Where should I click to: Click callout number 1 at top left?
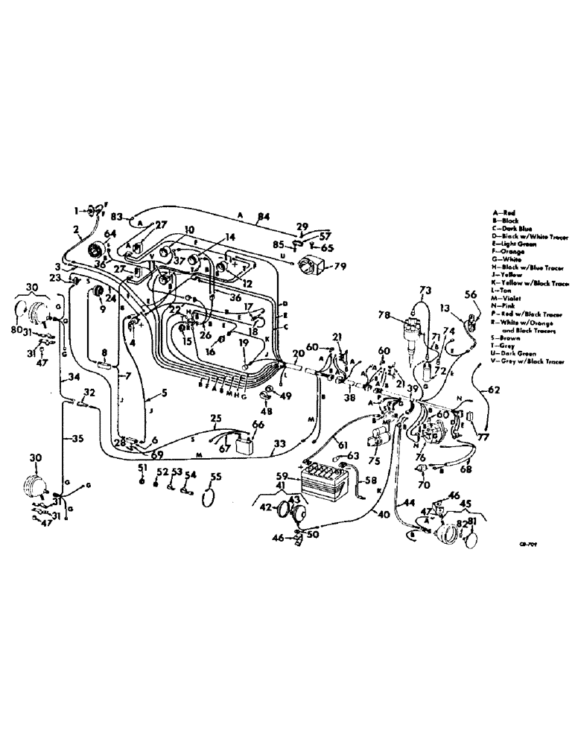pos(75,212)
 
